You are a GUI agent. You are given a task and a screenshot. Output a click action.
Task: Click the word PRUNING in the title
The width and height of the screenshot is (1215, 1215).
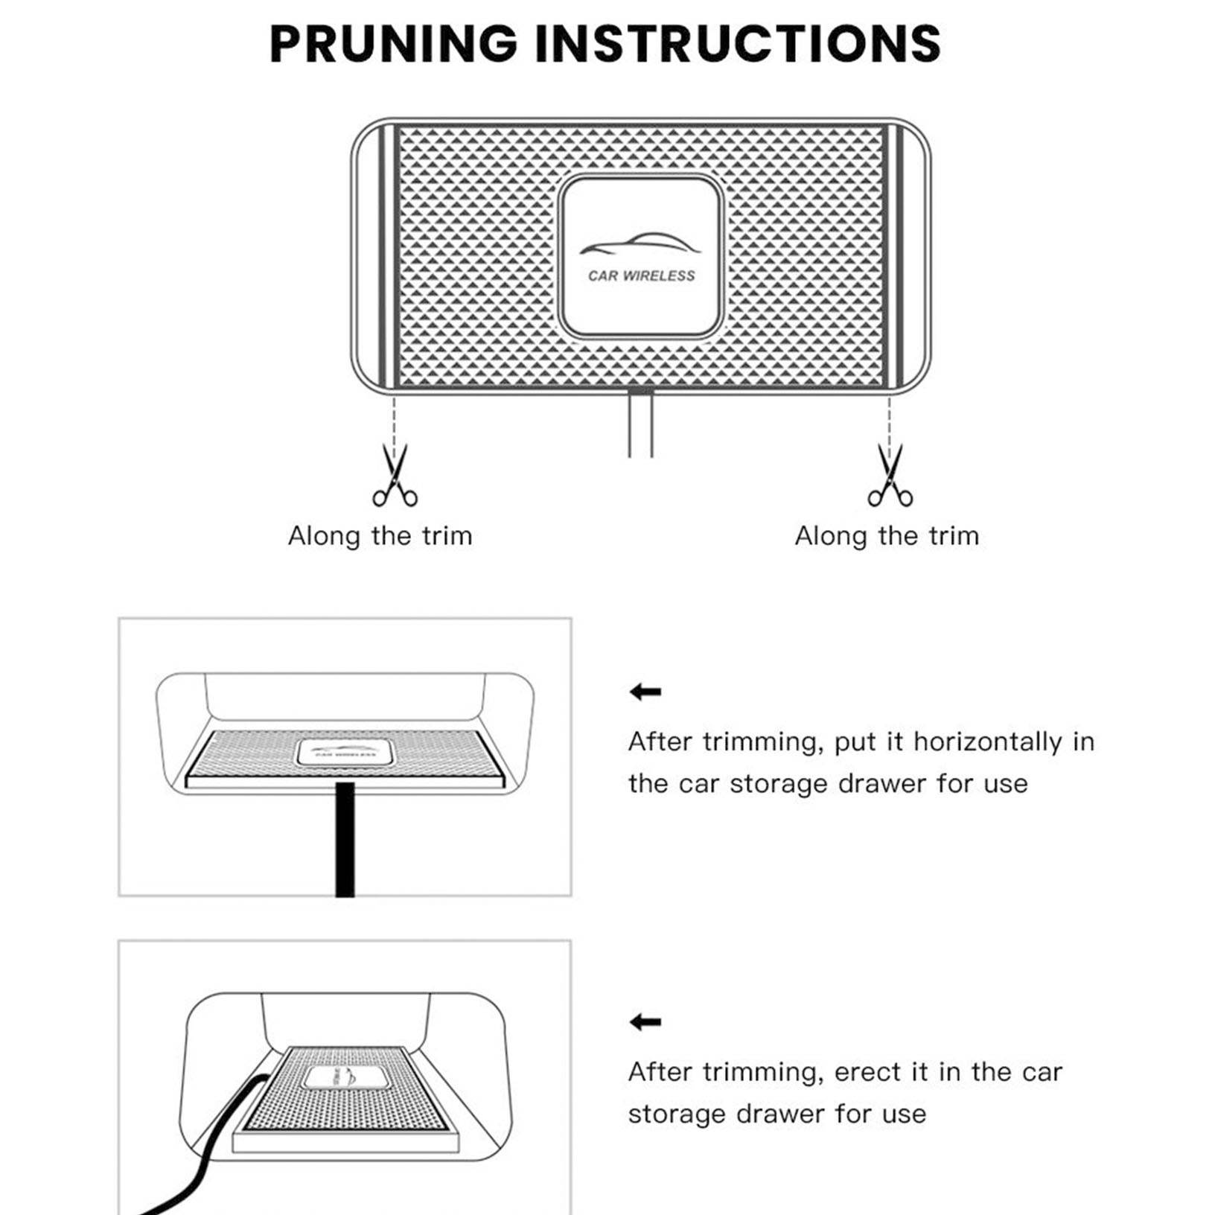[393, 43]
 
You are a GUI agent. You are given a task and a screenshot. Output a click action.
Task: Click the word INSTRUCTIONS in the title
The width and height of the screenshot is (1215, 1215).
[738, 43]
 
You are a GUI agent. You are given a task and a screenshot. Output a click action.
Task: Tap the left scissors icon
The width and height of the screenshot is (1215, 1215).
[395, 476]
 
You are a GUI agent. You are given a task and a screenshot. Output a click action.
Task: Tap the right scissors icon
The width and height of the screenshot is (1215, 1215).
[890, 476]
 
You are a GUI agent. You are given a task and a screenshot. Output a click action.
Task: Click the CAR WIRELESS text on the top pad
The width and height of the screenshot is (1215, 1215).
[641, 276]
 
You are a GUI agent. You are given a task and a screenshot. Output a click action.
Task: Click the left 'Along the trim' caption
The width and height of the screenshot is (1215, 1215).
[380, 536]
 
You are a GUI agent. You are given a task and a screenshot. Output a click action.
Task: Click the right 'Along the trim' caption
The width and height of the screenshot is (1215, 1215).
[887, 536]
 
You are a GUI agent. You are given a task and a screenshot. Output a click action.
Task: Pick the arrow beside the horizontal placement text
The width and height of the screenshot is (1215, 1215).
[645, 692]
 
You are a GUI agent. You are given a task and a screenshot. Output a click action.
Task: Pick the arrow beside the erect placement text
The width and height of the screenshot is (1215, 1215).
[645, 1022]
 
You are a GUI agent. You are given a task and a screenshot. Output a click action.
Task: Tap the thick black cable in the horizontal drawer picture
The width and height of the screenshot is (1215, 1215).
[345, 841]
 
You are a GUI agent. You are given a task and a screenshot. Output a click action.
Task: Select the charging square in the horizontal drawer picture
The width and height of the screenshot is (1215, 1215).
[344, 752]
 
